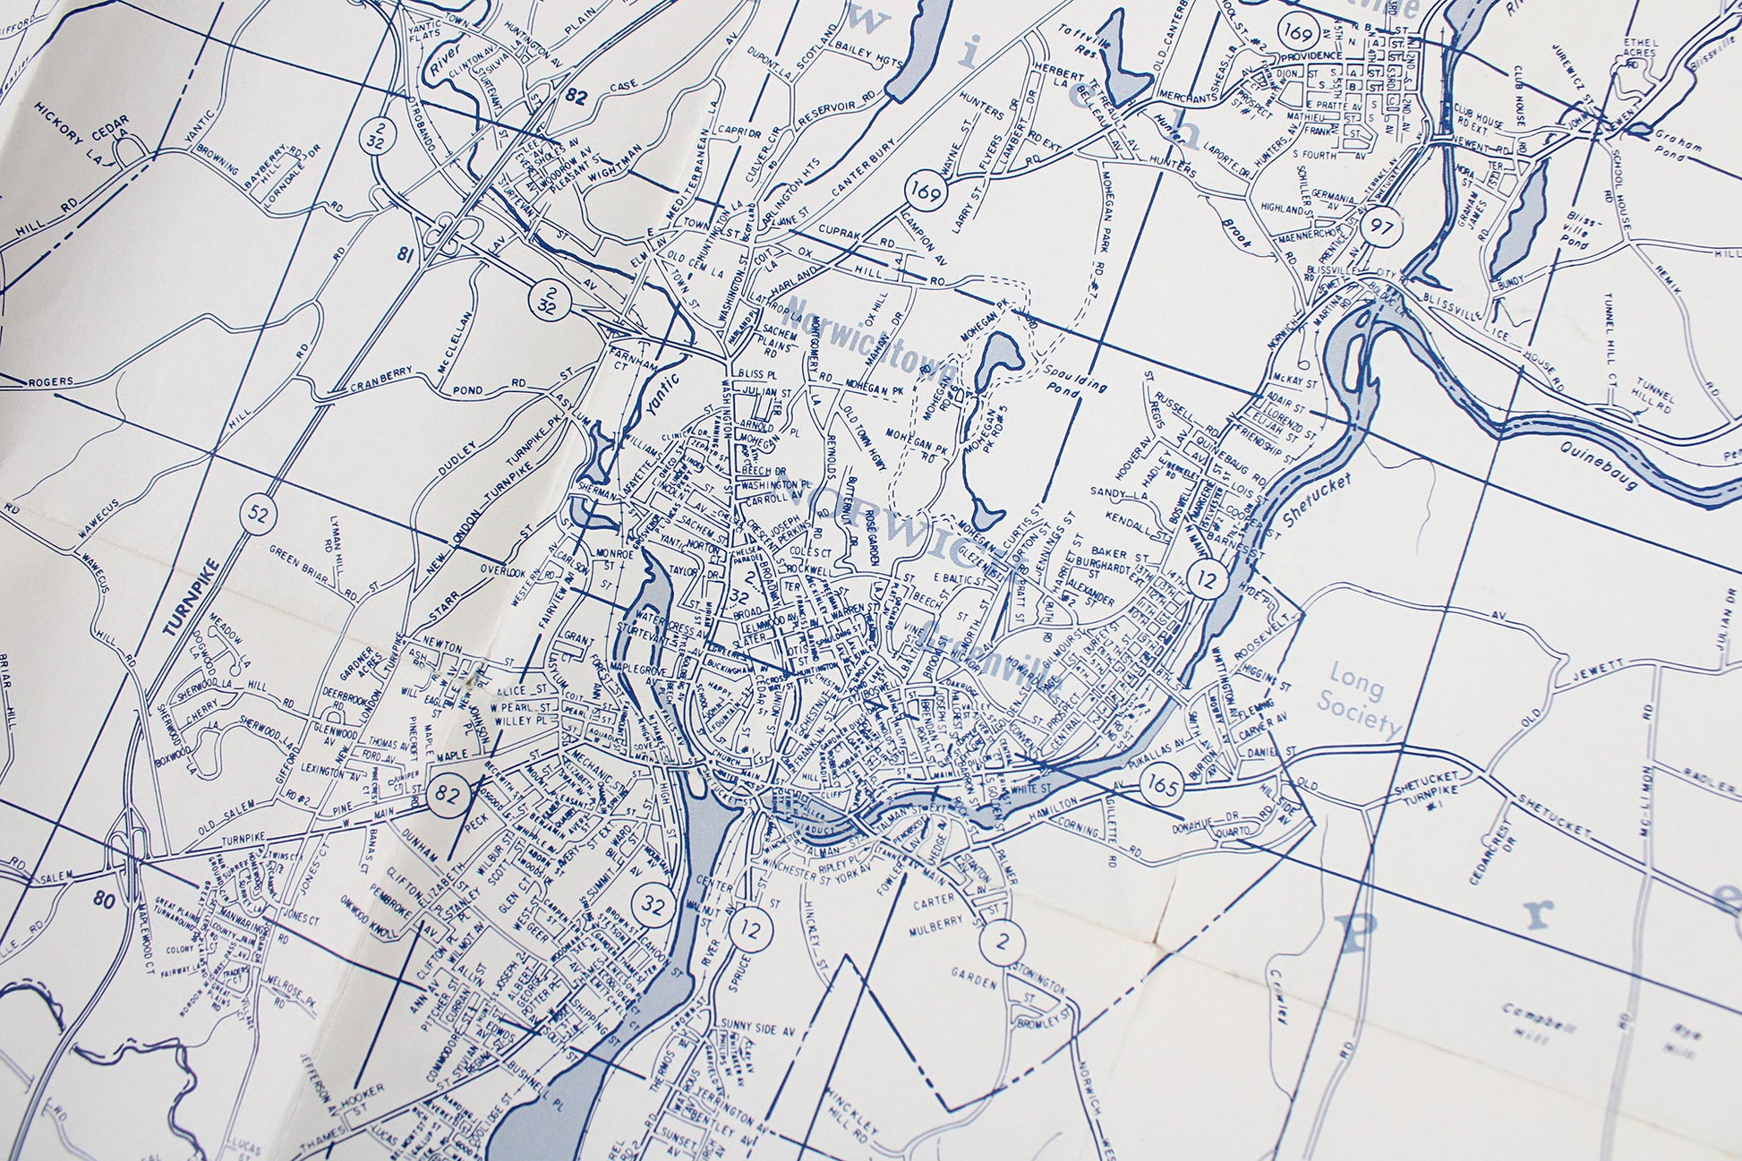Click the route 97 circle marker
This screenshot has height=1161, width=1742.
coord(1380,226)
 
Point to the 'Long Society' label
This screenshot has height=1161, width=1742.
coord(1360,701)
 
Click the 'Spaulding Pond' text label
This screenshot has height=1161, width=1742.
coord(1075,376)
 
